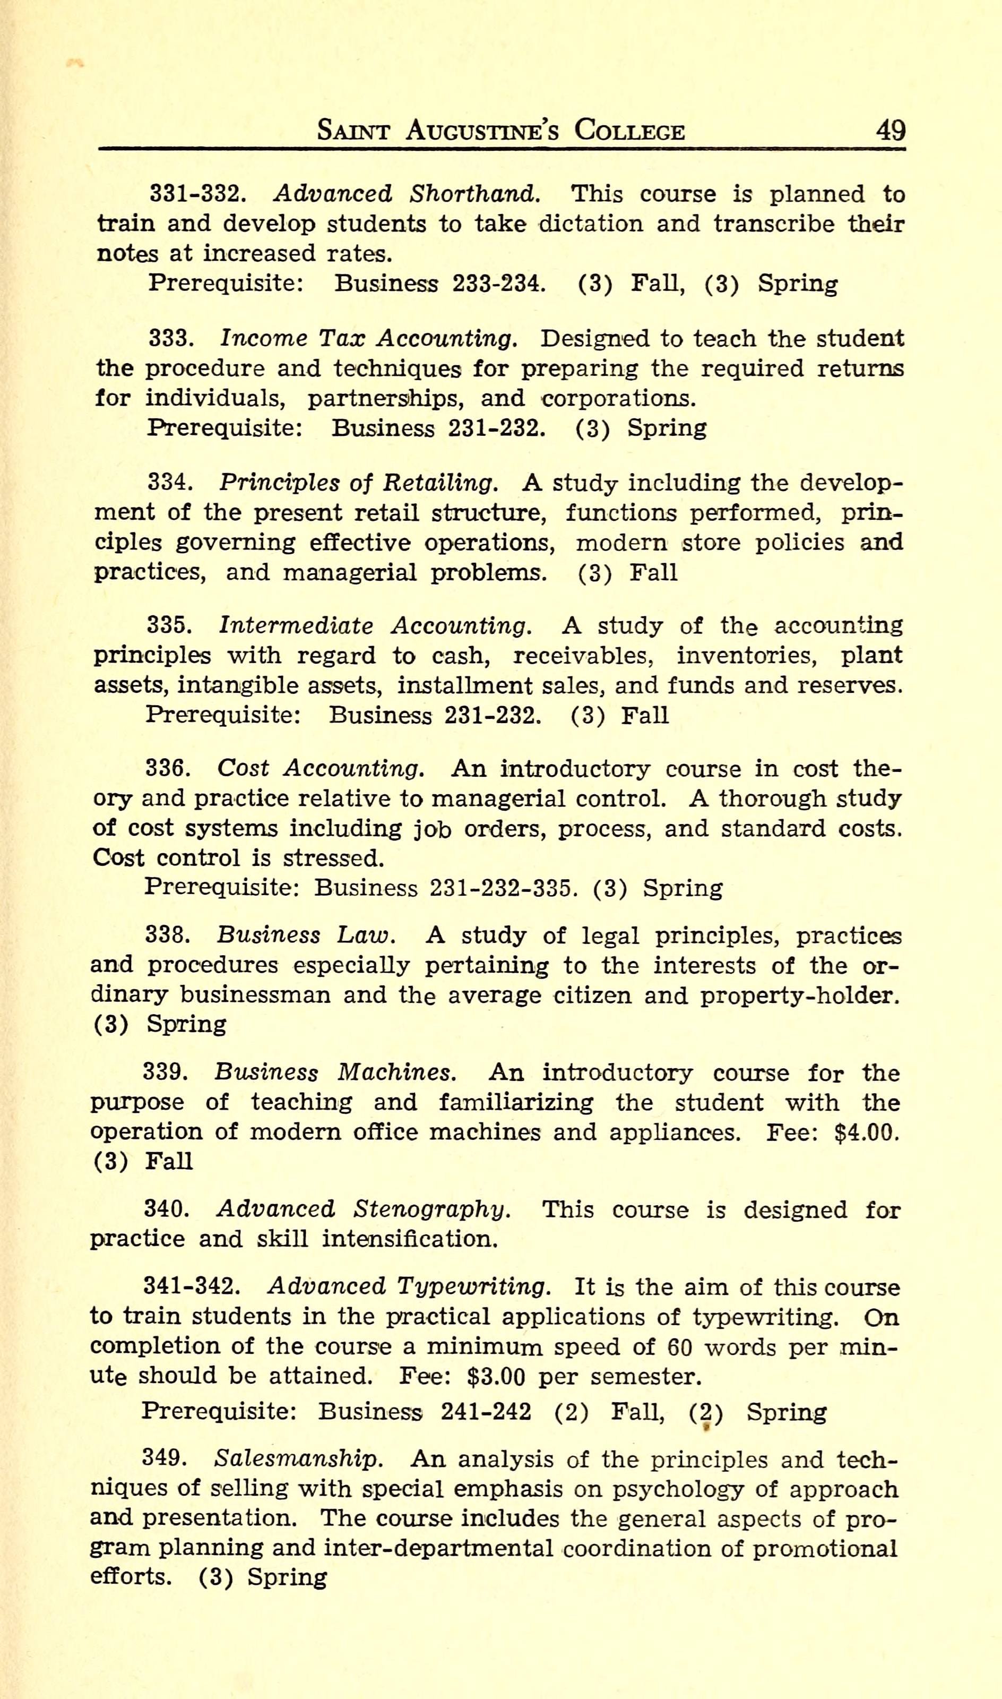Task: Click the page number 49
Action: point(890,129)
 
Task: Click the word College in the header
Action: point(629,130)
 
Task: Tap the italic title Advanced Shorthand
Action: point(407,194)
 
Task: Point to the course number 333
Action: point(171,338)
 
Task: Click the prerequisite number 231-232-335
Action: point(503,887)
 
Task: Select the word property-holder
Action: point(799,996)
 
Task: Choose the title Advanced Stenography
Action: point(363,1209)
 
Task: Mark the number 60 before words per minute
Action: point(680,1347)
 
